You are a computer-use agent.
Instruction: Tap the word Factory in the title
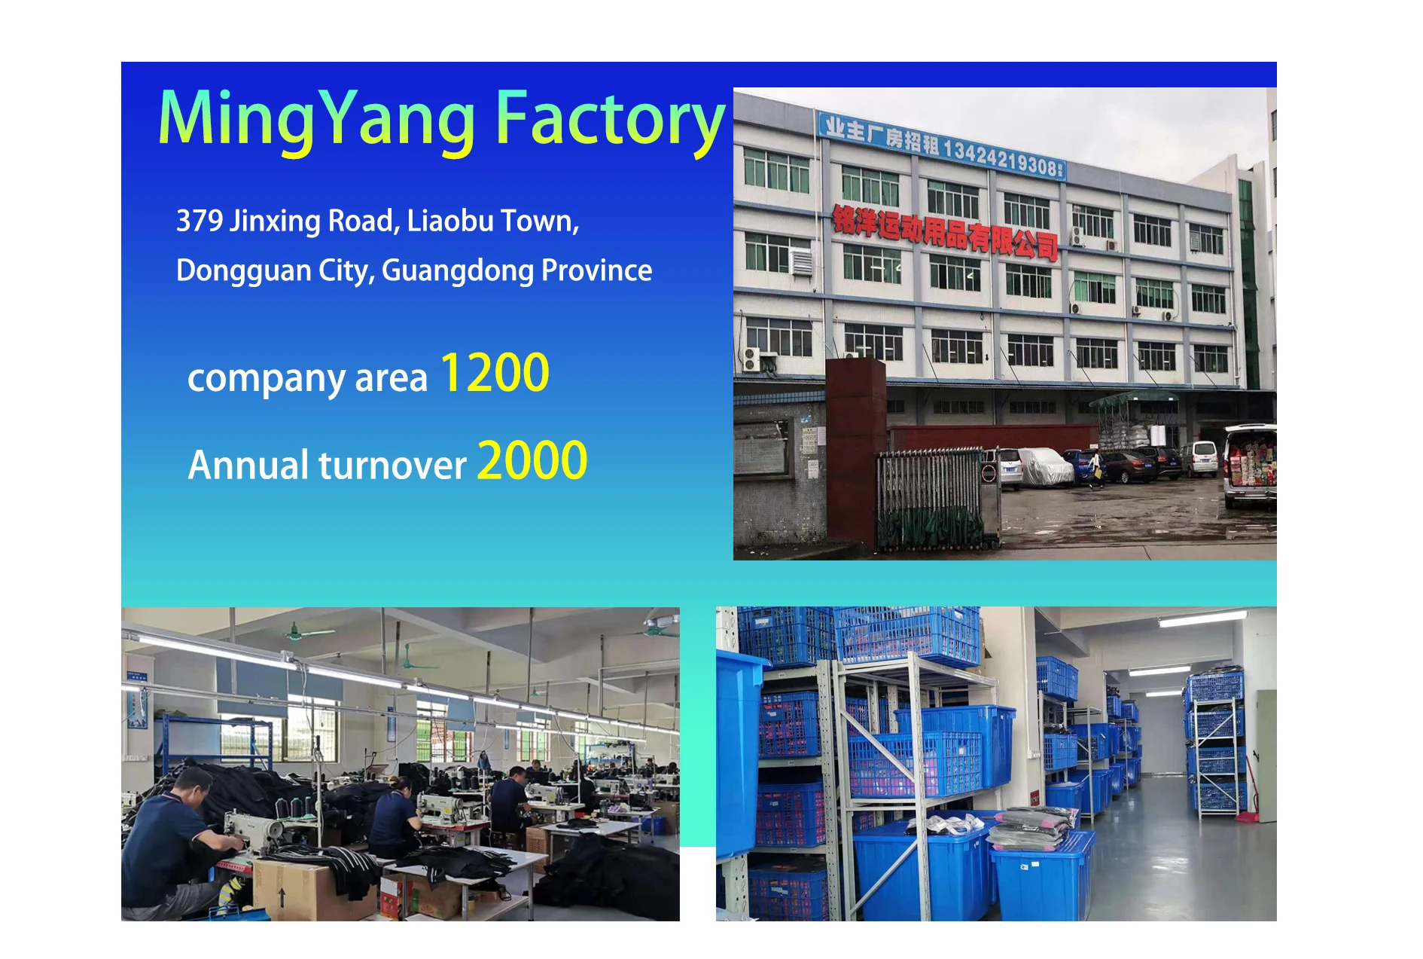click(x=610, y=121)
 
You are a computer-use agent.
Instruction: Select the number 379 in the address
click(x=200, y=221)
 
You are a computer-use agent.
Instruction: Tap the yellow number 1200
click(x=495, y=374)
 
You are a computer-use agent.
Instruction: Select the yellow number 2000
click(x=532, y=460)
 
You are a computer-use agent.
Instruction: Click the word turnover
click(x=392, y=466)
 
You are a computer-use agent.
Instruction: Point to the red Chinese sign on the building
click(x=945, y=232)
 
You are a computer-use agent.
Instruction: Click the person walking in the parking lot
click(x=1095, y=469)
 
